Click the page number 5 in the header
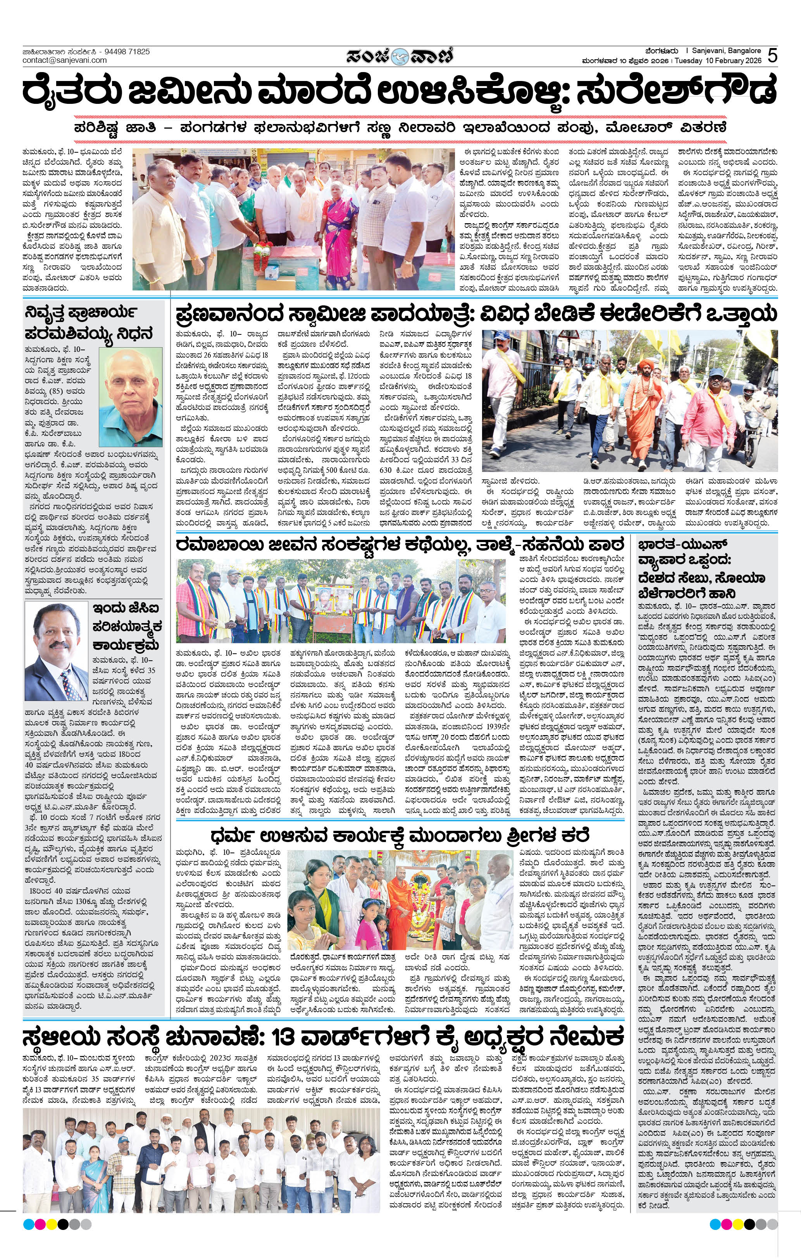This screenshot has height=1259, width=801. point(772,56)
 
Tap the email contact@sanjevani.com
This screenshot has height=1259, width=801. point(64,60)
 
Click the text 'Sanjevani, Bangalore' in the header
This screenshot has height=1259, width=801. point(726,51)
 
